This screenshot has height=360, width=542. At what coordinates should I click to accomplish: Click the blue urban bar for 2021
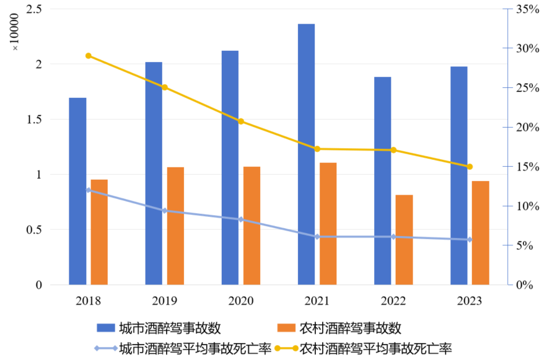coord(306,155)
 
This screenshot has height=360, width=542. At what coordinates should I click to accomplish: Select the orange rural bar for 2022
coord(404,240)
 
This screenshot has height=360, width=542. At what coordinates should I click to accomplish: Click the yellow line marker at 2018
coord(89,56)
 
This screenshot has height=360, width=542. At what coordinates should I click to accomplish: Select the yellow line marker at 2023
coord(470,167)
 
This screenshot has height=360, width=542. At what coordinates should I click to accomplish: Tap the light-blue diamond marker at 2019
coord(165,211)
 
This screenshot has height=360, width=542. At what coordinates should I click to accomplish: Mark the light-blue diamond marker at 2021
coord(317,237)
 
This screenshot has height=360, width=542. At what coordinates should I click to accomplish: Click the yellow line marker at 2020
coord(241,121)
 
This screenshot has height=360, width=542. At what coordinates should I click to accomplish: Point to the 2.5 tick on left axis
coord(35,9)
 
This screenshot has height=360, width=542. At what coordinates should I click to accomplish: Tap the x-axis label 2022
coord(393,301)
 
